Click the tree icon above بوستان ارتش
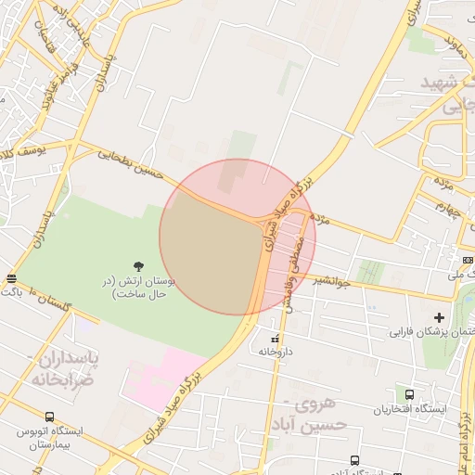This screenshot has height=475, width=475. [138, 267]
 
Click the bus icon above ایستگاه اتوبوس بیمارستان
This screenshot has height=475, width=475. [49, 417]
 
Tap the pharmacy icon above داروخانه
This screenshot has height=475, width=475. [274, 339]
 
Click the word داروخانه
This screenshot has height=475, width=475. [276, 353]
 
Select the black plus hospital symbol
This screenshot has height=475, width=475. [440, 317]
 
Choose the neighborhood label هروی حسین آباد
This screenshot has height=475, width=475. [318, 415]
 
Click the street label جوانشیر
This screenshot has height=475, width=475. [329, 281]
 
